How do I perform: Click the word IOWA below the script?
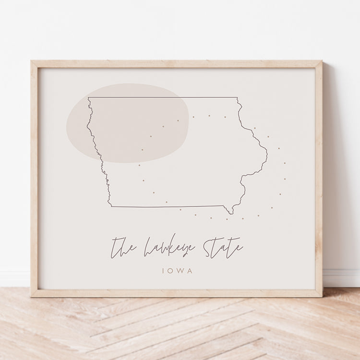pos(178,271)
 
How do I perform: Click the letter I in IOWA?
pos(164,271)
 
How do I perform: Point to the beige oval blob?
pos(127,123)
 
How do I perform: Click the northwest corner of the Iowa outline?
pos(88,98)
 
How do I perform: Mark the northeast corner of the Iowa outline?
pos(237,98)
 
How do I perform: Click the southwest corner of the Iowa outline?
pos(111,206)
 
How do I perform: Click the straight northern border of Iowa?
pos(163,97)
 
